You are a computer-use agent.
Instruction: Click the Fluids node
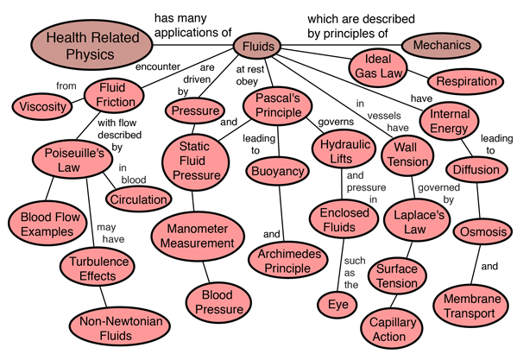(x=257, y=46)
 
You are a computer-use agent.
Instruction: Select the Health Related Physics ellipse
(x=92, y=45)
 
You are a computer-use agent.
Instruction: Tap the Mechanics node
(x=441, y=45)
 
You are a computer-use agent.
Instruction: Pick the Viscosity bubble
(x=42, y=106)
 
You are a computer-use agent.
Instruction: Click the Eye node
(x=337, y=304)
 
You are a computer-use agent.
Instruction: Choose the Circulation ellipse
(x=138, y=199)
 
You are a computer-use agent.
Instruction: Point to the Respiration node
(x=466, y=81)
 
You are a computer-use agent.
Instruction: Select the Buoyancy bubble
(x=278, y=171)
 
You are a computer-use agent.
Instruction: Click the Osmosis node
(x=482, y=231)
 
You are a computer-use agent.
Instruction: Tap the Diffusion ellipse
(x=476, y=169)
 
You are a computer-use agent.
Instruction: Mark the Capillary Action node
(x=392, y=329)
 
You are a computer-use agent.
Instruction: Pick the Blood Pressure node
(x=218, y=302)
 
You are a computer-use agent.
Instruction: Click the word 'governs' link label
(x=336, y=122)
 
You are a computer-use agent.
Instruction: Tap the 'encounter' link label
(x=158, y=66)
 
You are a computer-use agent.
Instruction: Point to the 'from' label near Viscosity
(x=66, y=85)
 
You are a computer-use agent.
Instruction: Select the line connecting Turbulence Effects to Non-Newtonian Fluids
(x=104, y=296)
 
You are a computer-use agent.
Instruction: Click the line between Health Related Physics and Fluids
(x=192, y=45)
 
